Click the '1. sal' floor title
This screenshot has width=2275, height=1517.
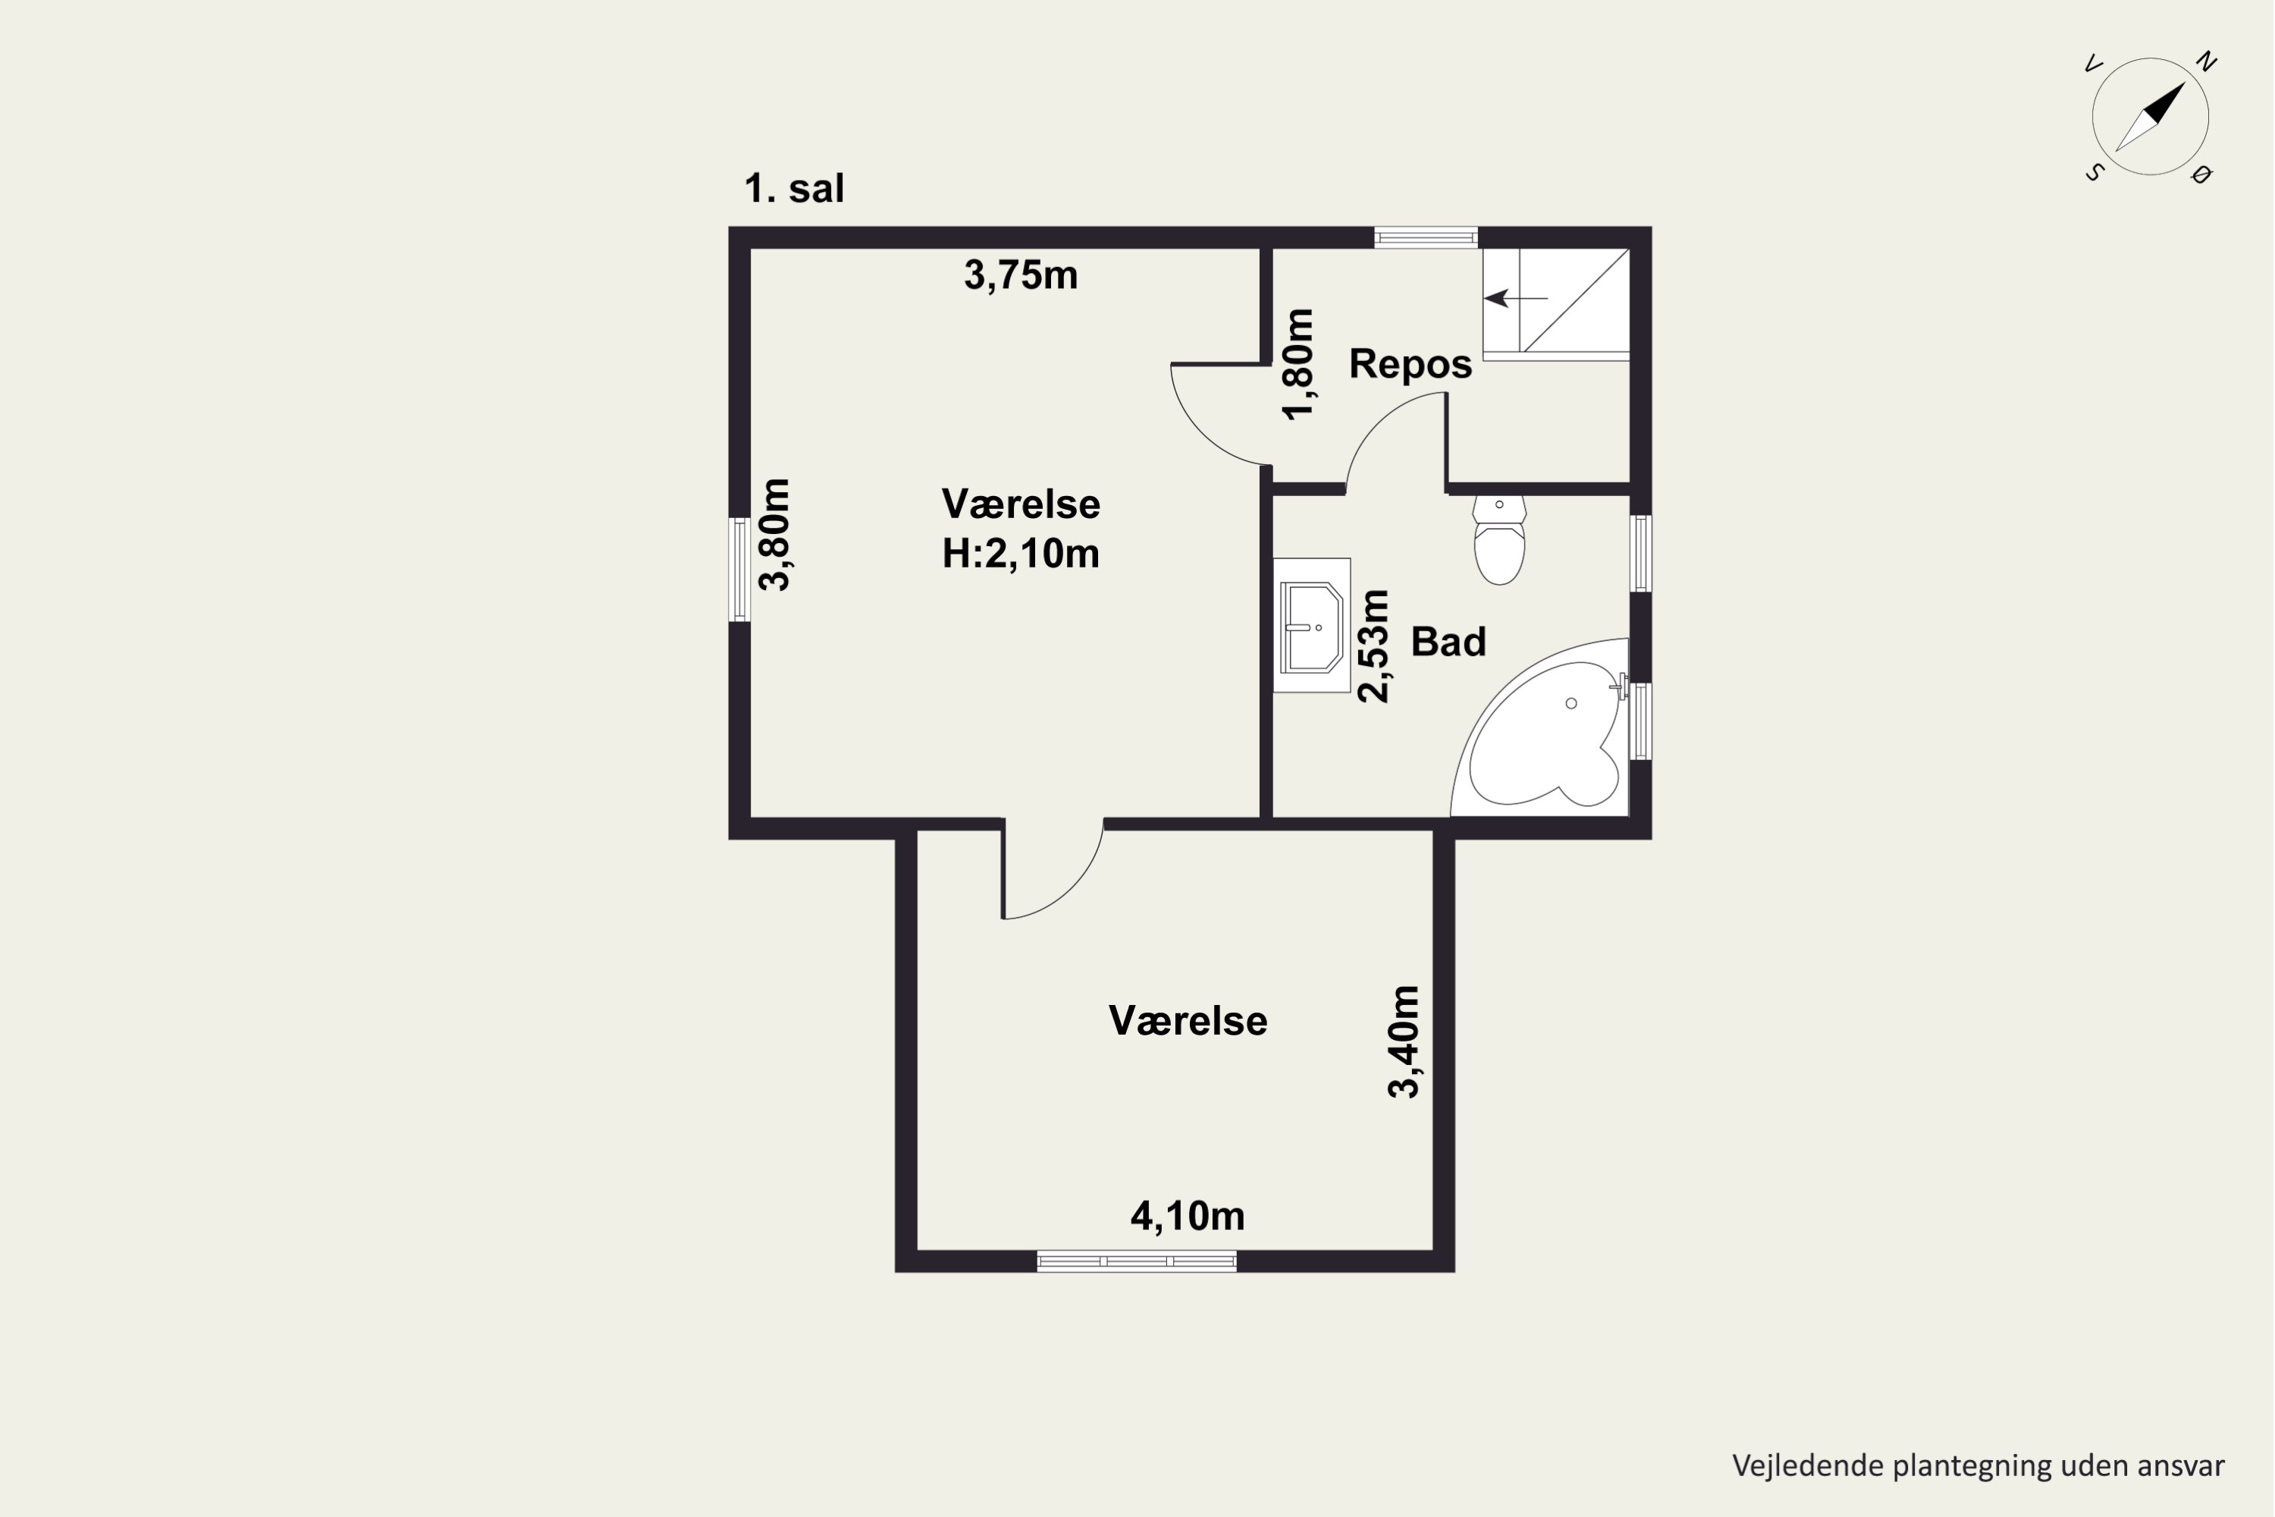pyautogui.click(x=793, y=189)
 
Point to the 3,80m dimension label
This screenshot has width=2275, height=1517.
pyautogui.click(x=775, y=534)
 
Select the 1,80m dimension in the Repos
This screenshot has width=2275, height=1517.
pyautogui.click(x=1298, y=364)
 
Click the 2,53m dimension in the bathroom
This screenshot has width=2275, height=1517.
pyautogui.click(x=1373, y=645)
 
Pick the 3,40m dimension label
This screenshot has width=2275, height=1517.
pyautogui.click(x=1404, y=1042)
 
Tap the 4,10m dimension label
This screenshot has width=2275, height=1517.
pyautogui.click(x=1188, y=1216)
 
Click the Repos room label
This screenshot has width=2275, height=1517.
pyautogui.click(x=1410, y=364)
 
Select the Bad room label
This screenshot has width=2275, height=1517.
pyautogui.click(x=1448, y=642)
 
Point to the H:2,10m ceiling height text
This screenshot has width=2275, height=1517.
pyautogui.click(x=1021, y=554)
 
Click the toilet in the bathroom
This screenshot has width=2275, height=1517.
pyautogui.click(x=1499, y=540)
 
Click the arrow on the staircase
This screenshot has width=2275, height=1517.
pyautogui.click(x=1516, y=298)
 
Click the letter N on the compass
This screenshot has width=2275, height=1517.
pyautogui.click(x=2206, y=62)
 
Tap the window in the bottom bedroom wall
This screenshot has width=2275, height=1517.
pyautogui.click(x=1137, y=1261)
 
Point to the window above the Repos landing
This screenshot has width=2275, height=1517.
pyautogui.click(x=1426, y=237)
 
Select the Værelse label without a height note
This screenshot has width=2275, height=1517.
pyautogui.click(x=1188, y=1021)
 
